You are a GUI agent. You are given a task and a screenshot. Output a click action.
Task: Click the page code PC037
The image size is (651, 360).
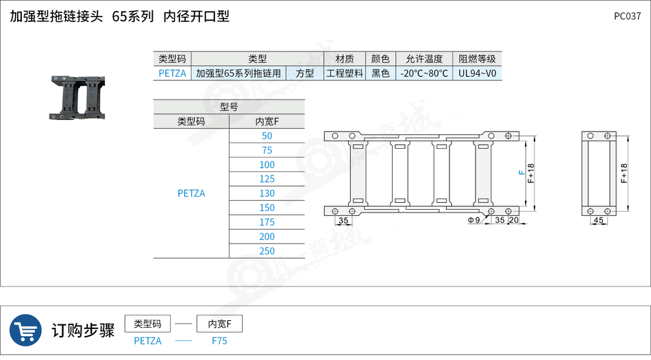pos(627,16)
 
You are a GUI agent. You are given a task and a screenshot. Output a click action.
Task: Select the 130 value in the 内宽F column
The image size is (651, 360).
pos(267,193)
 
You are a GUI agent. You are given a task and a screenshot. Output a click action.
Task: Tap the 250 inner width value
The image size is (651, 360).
pos(267,251)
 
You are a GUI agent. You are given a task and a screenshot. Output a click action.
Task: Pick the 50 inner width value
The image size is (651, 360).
pos(267,136)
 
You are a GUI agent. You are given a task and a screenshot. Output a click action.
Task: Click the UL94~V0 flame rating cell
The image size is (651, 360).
pos(478,73)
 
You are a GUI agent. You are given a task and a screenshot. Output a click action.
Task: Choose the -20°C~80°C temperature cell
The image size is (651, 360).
pos(424,73)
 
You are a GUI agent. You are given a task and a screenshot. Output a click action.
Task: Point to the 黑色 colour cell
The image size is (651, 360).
pos(380,73)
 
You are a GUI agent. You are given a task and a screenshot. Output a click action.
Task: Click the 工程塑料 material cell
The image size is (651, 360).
pos(345,73)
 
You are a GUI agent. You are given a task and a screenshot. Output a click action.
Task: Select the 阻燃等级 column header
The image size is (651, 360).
pos(478,59)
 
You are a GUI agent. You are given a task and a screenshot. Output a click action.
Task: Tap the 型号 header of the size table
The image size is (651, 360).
pos(229,107)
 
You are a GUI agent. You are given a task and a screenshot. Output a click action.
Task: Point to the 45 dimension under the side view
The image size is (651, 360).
pos(599,220)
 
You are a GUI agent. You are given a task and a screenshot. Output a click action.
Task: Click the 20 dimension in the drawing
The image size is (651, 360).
pos(514,220)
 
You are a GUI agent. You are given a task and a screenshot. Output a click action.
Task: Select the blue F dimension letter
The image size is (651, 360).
pos(522,172)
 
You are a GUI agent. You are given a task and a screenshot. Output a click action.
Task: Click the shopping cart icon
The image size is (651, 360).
pos(25,331)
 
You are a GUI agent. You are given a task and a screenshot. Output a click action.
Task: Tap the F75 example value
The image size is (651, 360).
pos(220,341)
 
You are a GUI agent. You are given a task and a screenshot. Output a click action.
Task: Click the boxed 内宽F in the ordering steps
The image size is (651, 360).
pos(219,324)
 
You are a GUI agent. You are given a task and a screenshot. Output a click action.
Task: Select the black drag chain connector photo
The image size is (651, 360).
pos(77,97)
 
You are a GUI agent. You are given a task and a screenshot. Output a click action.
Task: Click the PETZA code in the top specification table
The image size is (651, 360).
pos(172,73)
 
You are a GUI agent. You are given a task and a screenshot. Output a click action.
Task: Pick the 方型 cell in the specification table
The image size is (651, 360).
pos(305,73)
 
